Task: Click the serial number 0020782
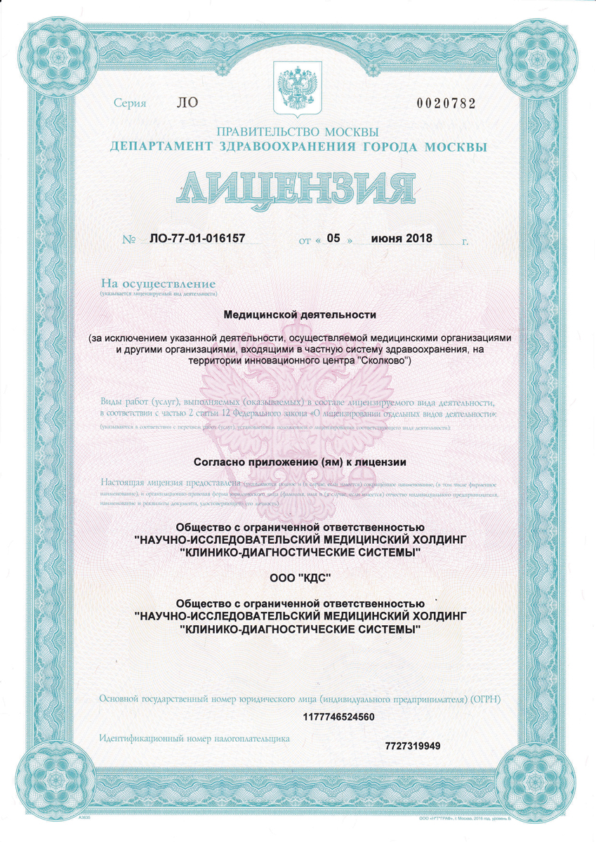pyautogui.click(x=446, y=104)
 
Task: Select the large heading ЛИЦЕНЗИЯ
pyautogui.click(x=298, y=187)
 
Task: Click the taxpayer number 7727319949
pyautogui.click(x=413, y=745)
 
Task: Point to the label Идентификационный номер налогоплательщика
pyautogui.click(x=194, y=739)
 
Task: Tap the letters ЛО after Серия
pyautogui.click(x=189, y=103)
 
